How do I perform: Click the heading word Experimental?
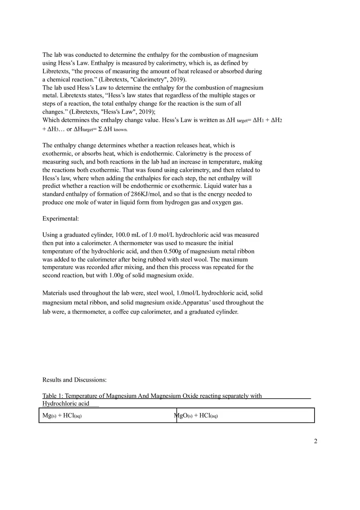click(x=61, y=219)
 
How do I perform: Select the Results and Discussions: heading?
click(x=74, y=380)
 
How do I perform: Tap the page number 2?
click(x=315, y=441)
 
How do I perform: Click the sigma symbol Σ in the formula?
click(x=100, y=129)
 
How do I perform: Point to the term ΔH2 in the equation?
click(x=277, y=121)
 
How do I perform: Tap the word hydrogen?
click(x=180, y=202)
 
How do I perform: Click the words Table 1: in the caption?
click(x=53, y=396)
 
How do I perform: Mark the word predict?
click(x=52, y=186)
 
